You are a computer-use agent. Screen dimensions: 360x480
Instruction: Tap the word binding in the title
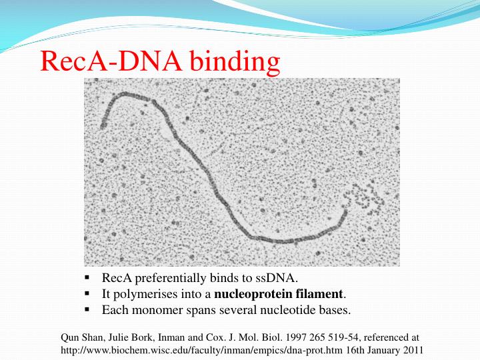point(234,62)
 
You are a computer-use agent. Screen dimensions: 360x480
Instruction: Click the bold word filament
point(321,293)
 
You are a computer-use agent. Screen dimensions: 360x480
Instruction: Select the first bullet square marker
point(87,277)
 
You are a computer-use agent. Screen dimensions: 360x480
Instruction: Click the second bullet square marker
point(87,293)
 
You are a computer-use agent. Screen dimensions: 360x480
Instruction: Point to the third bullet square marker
point(87,310)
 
